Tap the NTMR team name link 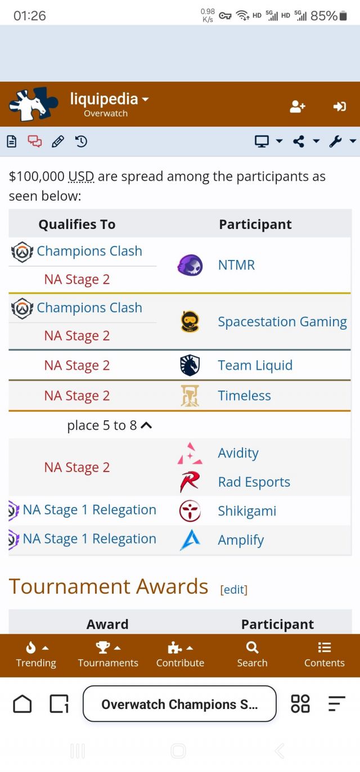236,265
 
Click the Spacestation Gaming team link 282,322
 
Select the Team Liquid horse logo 190,365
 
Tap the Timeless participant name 244,396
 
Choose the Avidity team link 238,453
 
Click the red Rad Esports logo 190,482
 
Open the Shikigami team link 247,511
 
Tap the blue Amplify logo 190,540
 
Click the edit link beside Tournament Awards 234,589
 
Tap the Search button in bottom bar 252,655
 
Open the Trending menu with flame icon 36,655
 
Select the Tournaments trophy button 108,655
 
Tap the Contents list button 324,655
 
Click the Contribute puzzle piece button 180,655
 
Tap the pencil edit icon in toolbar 58,142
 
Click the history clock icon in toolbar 81,142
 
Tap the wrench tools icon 336,142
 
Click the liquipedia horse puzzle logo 33,105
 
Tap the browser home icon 22,704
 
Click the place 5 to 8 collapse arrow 146,425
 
